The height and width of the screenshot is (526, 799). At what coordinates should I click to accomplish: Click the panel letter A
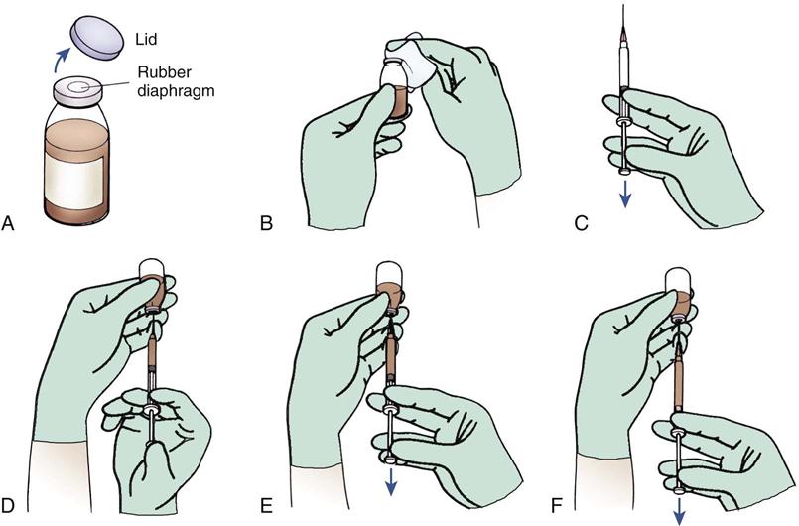click(x=7, y=223)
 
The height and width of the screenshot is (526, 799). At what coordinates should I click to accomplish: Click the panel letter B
click(x=265, y=223)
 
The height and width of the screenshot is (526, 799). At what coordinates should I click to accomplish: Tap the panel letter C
click(x=581, y=223)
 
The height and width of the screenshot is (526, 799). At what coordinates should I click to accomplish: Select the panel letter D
click(x=8, y=505)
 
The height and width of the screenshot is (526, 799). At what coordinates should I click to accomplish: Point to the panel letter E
click(x=266, y=505)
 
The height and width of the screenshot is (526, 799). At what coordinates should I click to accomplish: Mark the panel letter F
click(x=558, y=505)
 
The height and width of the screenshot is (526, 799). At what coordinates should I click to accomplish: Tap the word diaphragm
click(x=176, y=91)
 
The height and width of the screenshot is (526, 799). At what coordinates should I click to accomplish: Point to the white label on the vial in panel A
click(x=75, y=181)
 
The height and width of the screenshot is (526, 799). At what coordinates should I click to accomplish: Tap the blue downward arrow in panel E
click(x=391, y=481)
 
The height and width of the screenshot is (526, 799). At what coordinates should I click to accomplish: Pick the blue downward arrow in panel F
click(x=680, y=512)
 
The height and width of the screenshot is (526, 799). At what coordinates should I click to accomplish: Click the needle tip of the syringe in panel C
click(x=624, y=5)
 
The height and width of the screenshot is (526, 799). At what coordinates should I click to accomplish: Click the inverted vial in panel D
click(x=153, y=286)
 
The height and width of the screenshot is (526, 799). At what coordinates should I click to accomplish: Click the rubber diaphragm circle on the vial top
click(x=78, y=87)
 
